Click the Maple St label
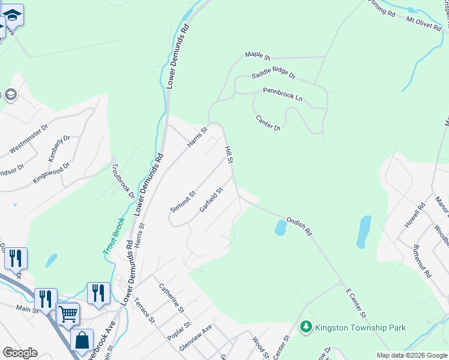[258, 55]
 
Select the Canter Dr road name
[268, 123]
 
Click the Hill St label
[229, 154]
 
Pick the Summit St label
[182, 202]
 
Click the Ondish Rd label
[300, 226]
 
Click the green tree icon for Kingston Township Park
[306, 327]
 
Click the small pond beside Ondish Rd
[280, 227]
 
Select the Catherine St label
[170, 297]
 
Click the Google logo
[20, 352]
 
